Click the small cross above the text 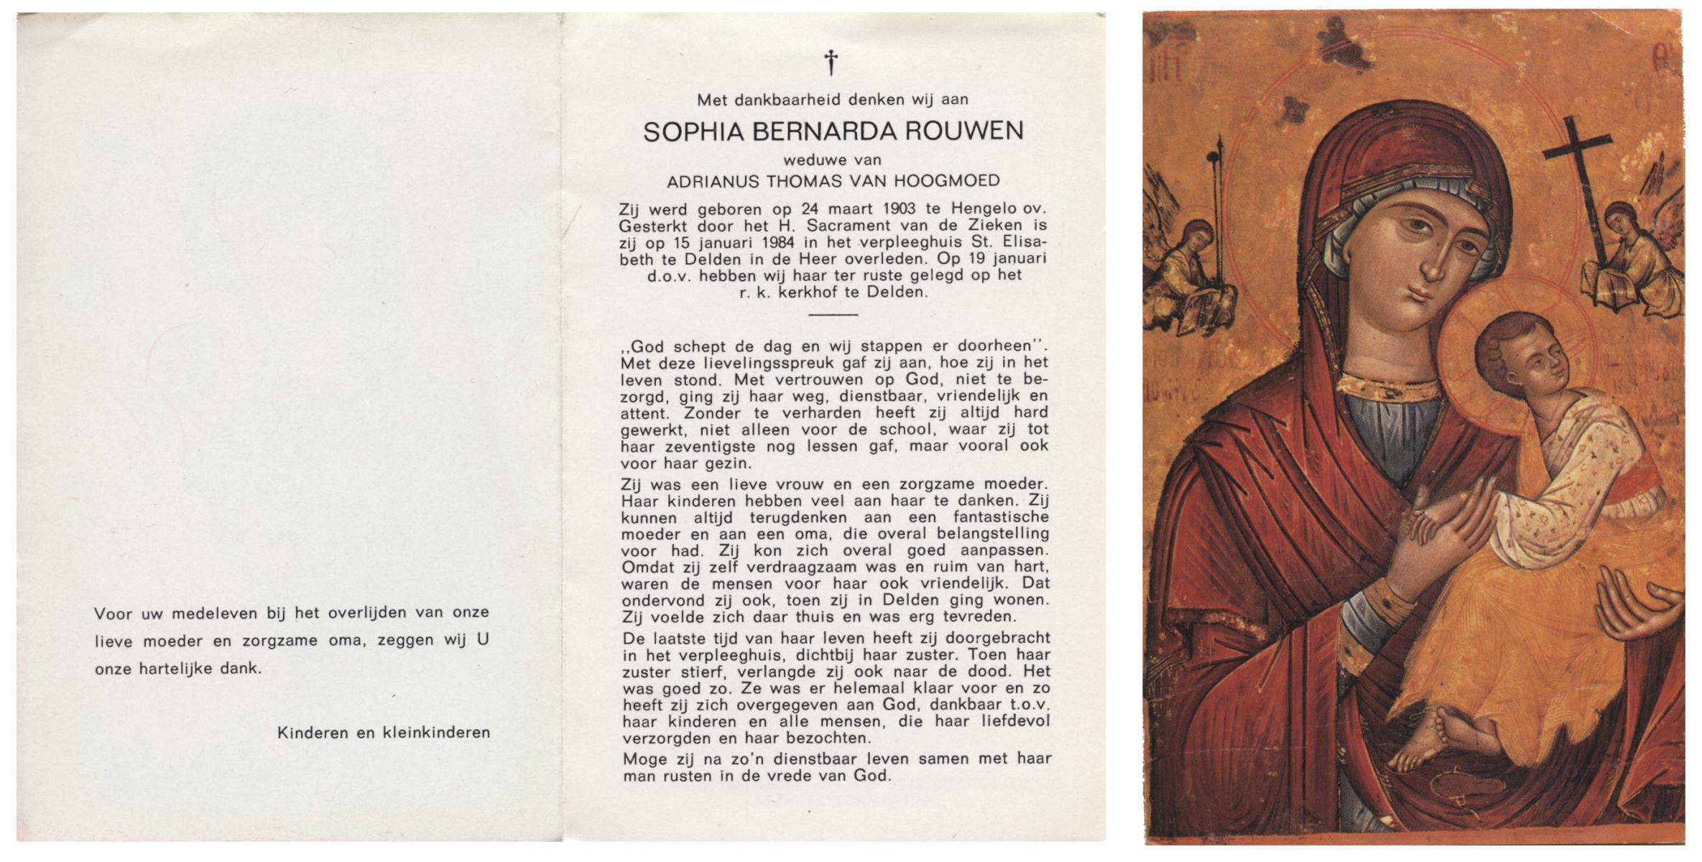point(831,62)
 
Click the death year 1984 point(775,243)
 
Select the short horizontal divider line point(833,314)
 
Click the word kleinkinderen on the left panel point(436,733)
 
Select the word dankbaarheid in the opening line point(787,100)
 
